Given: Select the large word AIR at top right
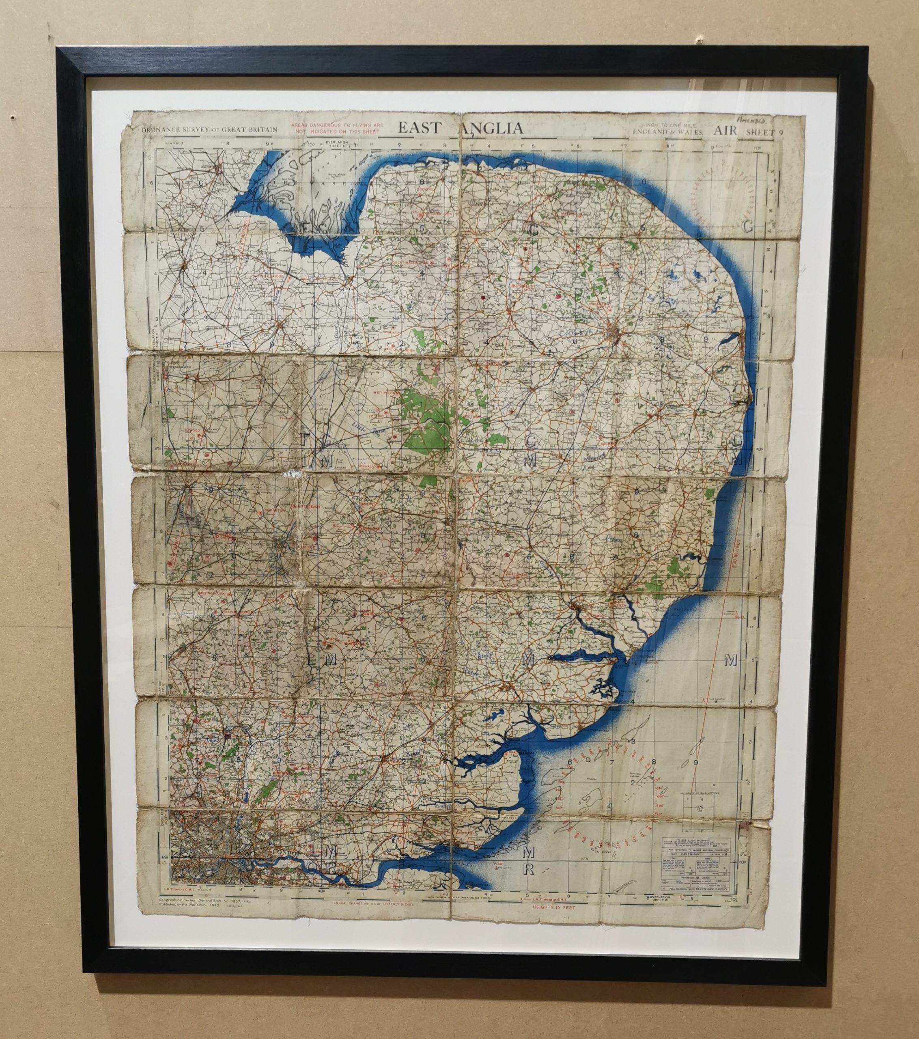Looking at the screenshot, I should (725, 131).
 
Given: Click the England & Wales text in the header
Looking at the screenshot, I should (667, 132).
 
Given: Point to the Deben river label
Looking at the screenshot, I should (614, 538).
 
